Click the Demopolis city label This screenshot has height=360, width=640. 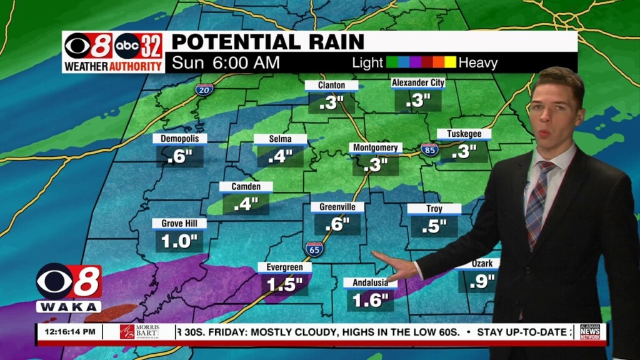(x=179, y=138)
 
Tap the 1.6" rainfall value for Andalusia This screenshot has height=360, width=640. (x=371, y=301)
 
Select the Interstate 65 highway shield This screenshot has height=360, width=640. (x=314, y=249)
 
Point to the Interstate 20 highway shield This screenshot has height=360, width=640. (x=204, y=89)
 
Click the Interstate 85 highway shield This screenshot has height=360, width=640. (x=429, y=149)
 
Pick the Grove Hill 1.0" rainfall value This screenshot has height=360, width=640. (x=179, y=241)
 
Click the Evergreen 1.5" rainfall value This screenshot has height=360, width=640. (x=284, y=285)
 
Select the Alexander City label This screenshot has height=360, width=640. (x=418, y=82)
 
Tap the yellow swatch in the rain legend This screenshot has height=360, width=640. (x=450, y=62)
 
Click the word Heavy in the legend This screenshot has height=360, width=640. (x=478, y=62)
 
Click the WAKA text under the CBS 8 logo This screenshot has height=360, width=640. (x=69, y=307)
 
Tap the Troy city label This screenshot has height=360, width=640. (x=434, y=209)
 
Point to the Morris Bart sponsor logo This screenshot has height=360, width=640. (x=140, y=332)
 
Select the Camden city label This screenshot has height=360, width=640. (x=246, y=186)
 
